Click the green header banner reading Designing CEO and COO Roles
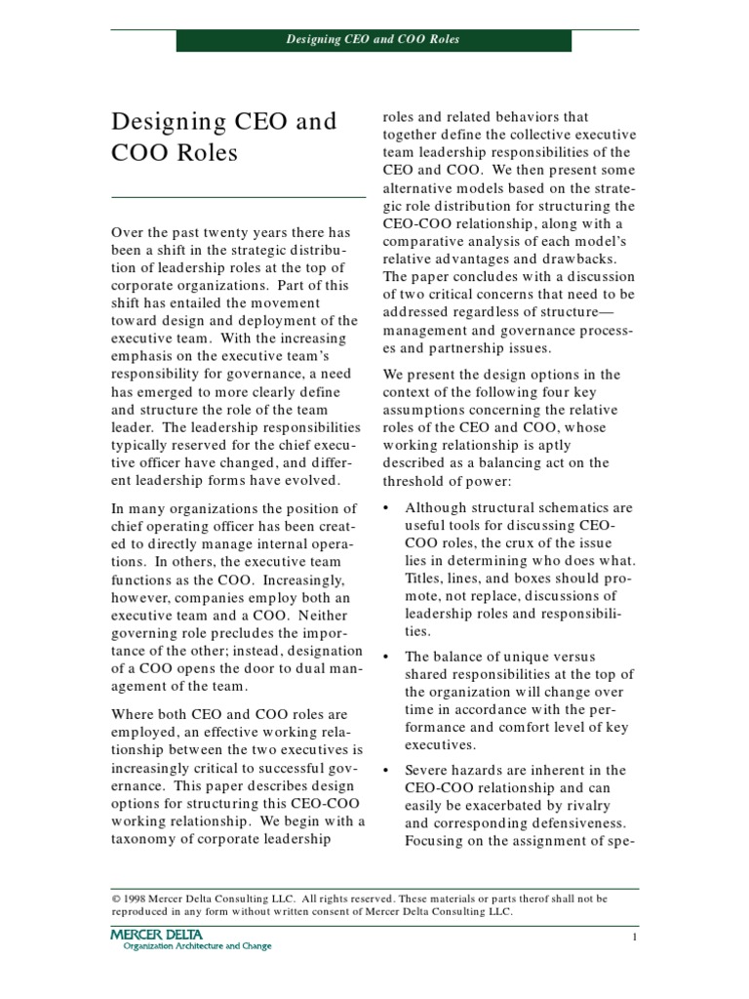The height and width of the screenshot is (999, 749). click(373, 40)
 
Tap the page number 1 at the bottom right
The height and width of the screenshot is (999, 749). click(633, 938)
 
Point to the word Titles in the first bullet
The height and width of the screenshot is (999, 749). click(425, 578)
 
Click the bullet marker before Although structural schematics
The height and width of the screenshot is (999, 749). click(386, 508)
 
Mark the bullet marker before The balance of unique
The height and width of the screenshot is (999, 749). click(386, 657)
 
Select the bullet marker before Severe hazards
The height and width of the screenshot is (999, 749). click(386, 770)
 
